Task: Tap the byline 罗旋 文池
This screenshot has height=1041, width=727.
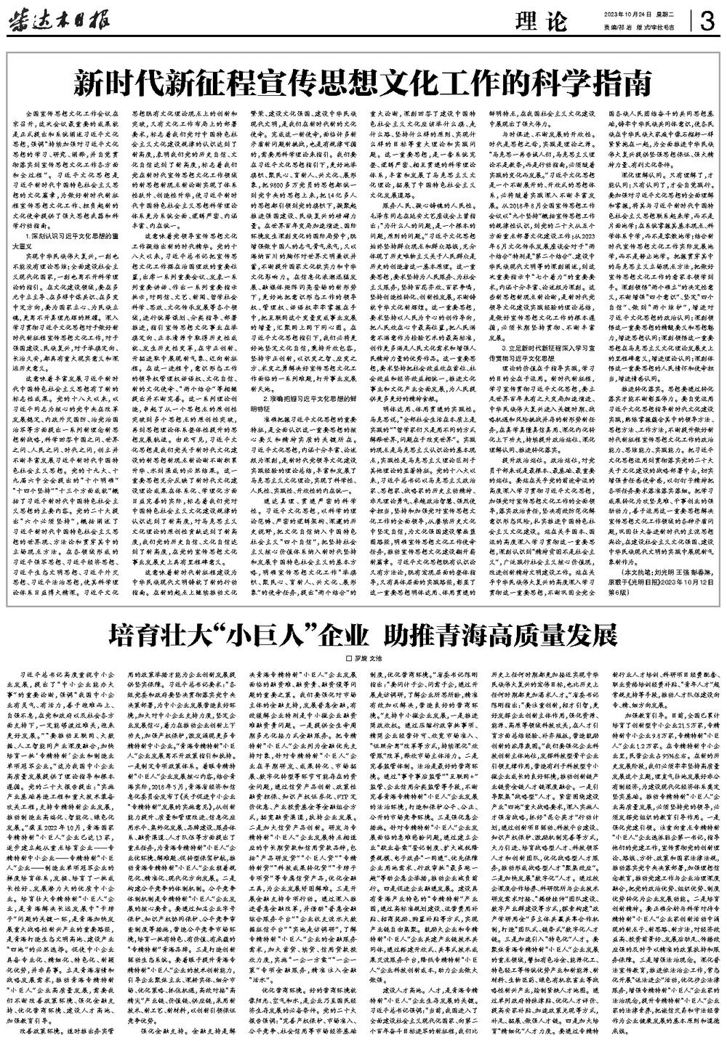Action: tap(367, 657)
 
